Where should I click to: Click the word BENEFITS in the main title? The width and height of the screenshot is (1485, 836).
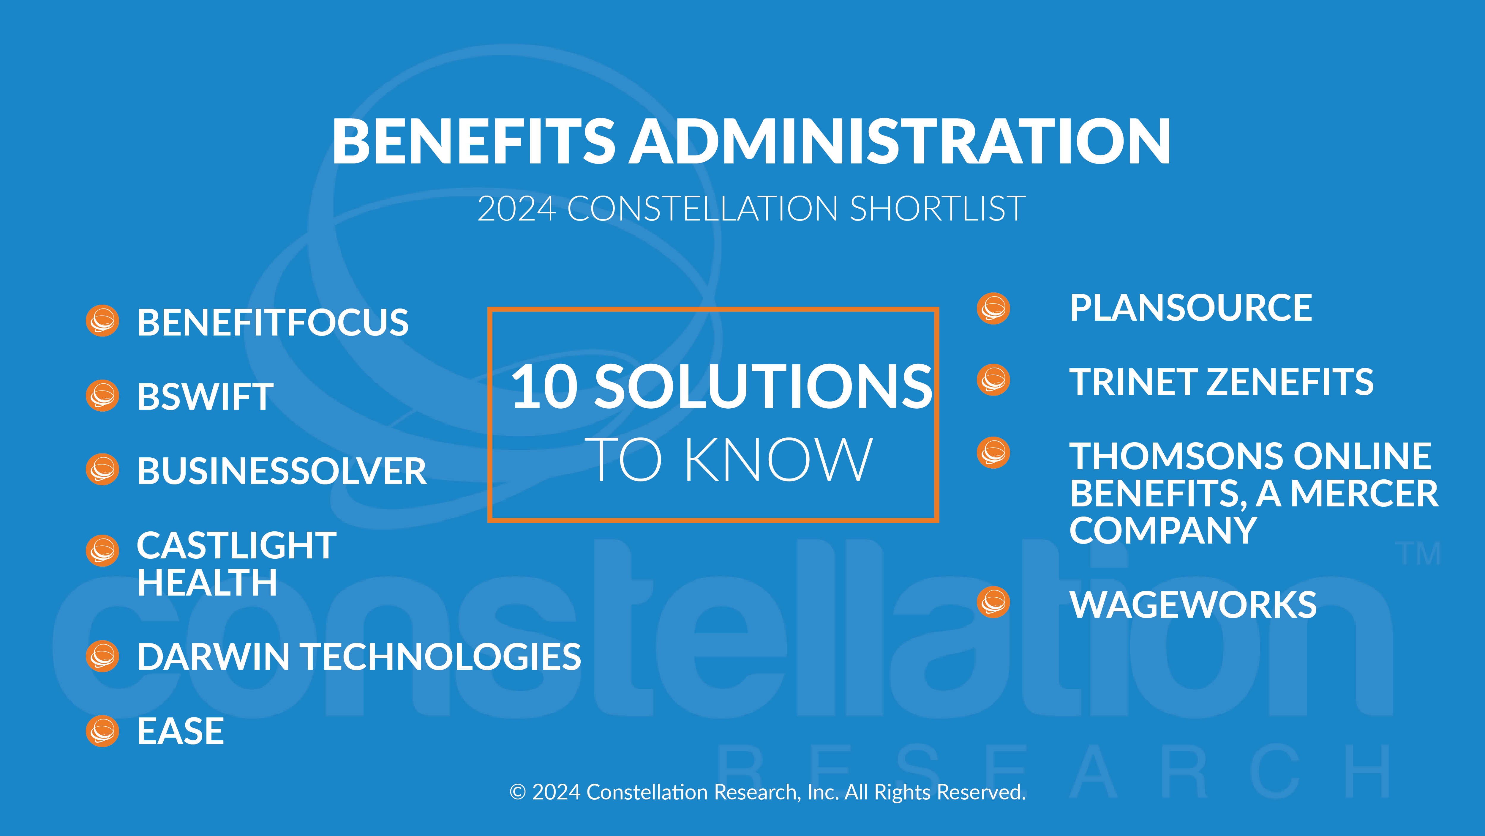click(x=474, y=141)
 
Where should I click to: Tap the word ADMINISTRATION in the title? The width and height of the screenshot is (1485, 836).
click(x=900, y=141)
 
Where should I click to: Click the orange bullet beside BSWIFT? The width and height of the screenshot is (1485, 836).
click(x=102, y=396)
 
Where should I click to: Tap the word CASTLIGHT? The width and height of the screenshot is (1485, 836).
click(x=236, y=545)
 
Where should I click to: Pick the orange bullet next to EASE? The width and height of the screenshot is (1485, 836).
click(x=102, y=731)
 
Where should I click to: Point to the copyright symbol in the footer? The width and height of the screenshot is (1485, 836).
click(x=518, y=792)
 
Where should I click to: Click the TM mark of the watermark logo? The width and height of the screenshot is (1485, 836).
click(x=1418, y=554)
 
